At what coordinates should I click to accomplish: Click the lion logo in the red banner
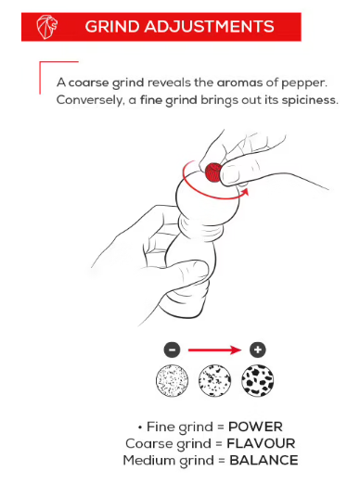click(x=47, y=27)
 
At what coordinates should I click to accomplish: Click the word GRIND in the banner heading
click(x=112, y=27)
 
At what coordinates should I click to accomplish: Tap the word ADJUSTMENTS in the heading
click(x=209, y=27)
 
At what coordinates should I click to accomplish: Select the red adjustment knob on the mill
click(x=213, y=172)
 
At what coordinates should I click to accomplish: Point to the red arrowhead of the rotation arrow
click(x=245, y=192)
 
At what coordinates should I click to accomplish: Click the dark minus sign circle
click(x=172, y=350)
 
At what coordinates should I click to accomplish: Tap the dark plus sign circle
click(x=258, y=350)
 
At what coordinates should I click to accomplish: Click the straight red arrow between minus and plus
click(x=215, y=350)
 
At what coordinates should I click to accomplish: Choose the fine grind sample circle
click(x=172, y=380)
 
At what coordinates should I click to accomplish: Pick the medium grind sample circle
click(x=214, y=380)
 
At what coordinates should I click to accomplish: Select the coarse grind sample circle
click(x=258, y=380)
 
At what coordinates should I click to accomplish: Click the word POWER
click(x=255, y=427)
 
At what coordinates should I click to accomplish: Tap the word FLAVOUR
click(x=261, y=443)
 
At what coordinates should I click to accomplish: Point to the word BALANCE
click(x=264, y=460)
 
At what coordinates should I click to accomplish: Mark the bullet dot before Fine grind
click(x=140, y=427)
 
